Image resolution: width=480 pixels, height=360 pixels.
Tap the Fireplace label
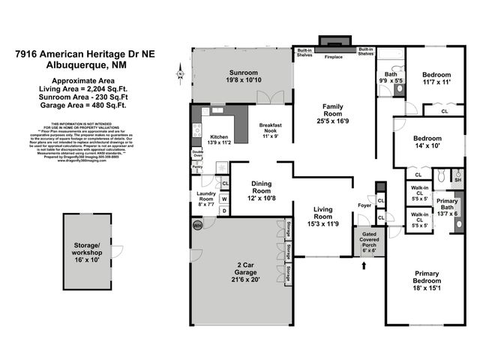333,56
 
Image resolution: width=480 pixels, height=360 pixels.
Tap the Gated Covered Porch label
366,242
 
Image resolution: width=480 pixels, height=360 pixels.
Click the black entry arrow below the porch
366,264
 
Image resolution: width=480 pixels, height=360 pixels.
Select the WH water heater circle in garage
198,225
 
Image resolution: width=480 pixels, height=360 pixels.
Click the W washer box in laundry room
224,199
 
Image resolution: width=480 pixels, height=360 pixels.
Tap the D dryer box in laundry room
224,211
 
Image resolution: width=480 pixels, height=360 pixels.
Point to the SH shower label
458,180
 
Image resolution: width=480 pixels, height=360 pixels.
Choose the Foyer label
365,204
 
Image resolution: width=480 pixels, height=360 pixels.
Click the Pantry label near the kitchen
197,167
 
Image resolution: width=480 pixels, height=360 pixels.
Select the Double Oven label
197,153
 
